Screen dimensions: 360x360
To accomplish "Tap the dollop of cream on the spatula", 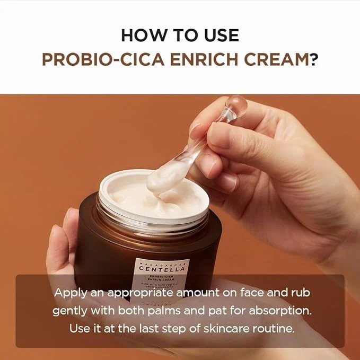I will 164,178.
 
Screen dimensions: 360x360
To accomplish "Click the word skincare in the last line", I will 222,328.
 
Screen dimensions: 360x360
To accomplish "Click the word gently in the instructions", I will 69,311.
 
